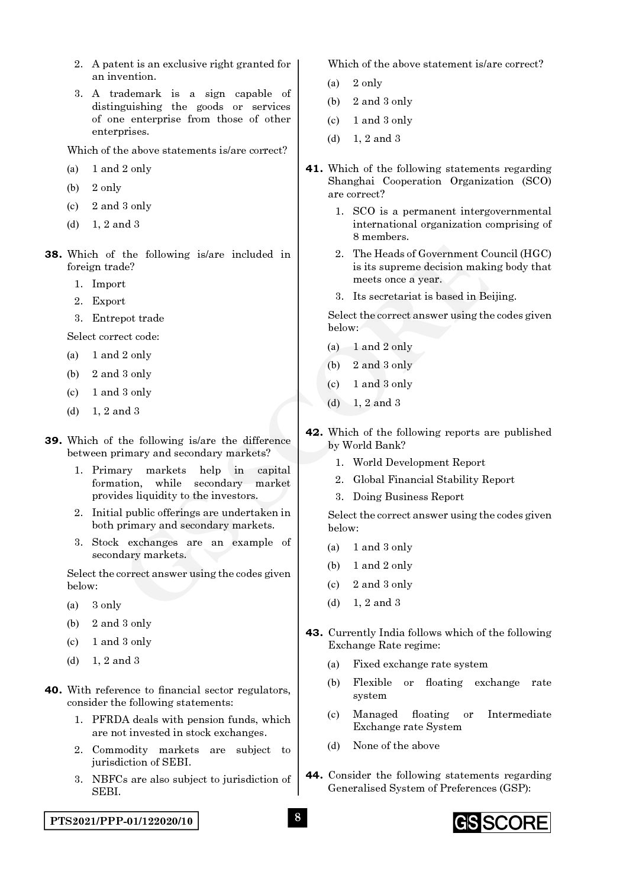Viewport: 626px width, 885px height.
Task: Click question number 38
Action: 53,255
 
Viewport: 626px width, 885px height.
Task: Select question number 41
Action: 314,169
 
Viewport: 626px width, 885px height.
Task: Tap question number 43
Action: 314,633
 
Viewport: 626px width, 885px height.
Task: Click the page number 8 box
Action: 298,818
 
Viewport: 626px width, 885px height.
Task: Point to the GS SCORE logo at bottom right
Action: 502,822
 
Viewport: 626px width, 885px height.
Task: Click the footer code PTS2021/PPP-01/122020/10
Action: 121,821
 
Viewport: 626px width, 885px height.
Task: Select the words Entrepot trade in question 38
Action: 128,319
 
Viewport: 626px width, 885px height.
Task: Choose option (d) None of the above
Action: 396,746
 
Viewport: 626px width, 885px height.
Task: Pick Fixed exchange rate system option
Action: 420,664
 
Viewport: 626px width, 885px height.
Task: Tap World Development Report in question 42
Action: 418,463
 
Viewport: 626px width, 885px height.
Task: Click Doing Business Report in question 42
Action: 408,497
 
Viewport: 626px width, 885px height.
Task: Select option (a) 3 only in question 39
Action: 106,605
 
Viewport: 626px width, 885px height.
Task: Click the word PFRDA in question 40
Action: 108,720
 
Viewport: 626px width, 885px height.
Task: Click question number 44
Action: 314,776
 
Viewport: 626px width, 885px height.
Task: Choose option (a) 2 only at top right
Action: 367,83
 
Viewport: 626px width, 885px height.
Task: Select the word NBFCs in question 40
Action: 107,780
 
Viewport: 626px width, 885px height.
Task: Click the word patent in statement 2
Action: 118,64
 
